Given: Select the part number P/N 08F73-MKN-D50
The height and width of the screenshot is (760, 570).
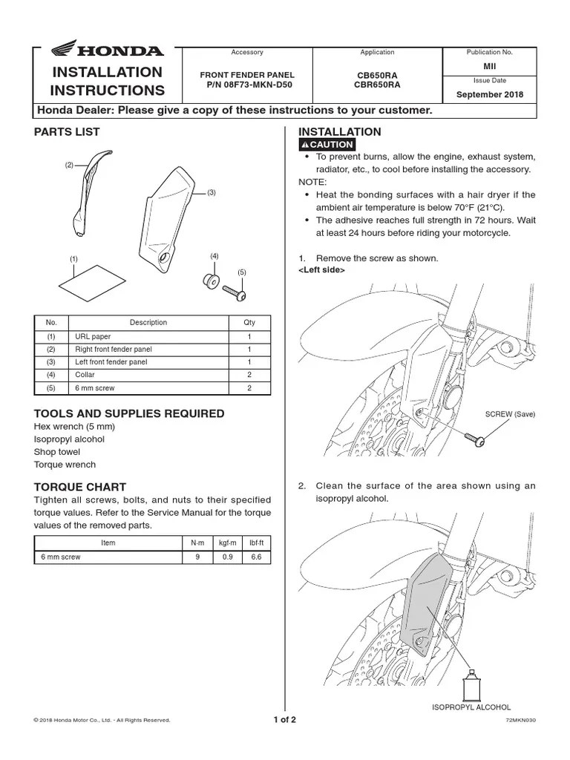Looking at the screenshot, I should [x=247, y=85].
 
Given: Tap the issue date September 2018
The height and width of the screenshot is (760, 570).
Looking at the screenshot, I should [x=489, y=95].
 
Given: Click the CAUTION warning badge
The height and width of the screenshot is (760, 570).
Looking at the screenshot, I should [x=327, y=145].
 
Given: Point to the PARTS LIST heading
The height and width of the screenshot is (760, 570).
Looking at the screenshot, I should [x=67, y=132].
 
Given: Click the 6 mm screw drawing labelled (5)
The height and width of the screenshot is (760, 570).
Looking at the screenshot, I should [x=235, y=294].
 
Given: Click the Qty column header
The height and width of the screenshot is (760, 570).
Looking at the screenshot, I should [x=249, y=323].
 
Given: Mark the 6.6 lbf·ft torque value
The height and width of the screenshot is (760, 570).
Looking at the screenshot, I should [x=256, y=557].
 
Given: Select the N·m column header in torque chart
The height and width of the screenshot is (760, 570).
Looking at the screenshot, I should [x=197, y=543].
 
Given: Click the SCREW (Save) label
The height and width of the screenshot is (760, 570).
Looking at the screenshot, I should [x=509, y=414].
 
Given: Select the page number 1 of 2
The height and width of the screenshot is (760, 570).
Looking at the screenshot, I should [x=284, y=719].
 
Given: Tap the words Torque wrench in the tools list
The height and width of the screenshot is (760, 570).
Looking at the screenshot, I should [x=65, y=465].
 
